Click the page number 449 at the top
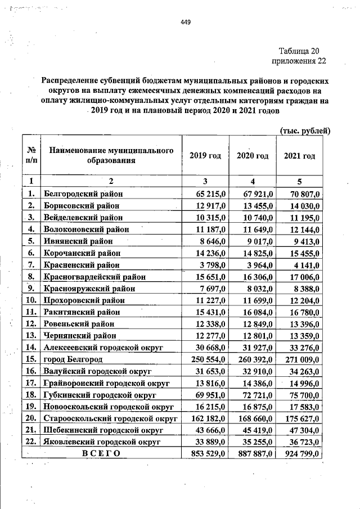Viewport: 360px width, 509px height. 186,22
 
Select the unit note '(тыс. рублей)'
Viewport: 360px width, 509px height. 304,131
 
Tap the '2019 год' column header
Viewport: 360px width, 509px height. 205,156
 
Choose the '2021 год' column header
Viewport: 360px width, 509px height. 299,156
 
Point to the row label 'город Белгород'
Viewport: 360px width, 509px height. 73,359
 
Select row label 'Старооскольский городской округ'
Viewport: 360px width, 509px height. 110,418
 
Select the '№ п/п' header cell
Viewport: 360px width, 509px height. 31,156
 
